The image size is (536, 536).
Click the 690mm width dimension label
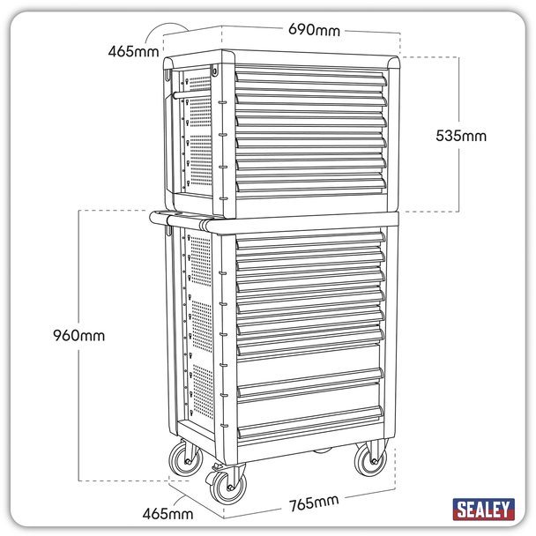coord(314,31)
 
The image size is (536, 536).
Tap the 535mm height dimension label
coord(461,136)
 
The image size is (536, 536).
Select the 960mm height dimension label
coord(78,335)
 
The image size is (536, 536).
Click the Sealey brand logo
coord(483,510)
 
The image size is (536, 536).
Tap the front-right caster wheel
coord(368,460)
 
